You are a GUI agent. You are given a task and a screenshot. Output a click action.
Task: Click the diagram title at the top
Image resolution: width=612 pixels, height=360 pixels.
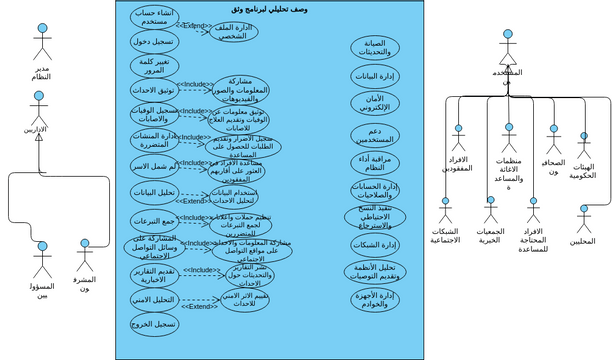tap(269, 9)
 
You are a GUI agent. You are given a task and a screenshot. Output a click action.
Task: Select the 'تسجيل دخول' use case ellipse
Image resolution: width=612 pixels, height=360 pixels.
tap(154, 42)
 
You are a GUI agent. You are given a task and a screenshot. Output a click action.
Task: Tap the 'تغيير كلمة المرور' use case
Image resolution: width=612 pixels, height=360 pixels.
tap(154, 66)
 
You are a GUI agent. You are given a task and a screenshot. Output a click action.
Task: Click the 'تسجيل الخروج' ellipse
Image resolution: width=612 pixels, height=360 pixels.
tap(154, 324)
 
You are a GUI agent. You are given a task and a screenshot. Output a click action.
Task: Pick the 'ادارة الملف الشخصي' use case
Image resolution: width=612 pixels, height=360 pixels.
tap(233, 32)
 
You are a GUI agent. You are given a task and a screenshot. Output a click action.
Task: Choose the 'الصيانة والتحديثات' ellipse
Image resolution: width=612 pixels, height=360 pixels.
tap(375, 47)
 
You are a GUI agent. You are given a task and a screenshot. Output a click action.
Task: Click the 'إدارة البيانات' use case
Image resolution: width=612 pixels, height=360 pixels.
tap(375, 76)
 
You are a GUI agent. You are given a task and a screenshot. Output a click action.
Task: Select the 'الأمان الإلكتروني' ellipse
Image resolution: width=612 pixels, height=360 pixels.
tap(375, 104)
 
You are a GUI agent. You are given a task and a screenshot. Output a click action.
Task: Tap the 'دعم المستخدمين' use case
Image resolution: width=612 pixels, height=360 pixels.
tap(375, 135)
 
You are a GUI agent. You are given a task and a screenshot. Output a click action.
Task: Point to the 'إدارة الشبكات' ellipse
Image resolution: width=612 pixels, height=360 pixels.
tap(375, 244)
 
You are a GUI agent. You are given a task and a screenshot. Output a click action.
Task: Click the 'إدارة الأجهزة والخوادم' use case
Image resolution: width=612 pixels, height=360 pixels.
tap(375, 299)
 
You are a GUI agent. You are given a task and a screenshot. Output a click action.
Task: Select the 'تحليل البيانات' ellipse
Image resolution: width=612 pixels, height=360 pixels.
tap(154, 192)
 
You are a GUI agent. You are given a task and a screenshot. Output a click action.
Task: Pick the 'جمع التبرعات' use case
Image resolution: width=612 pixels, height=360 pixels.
tap(154, 220)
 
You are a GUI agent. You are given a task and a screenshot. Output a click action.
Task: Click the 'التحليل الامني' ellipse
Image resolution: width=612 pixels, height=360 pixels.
tap(154, 299)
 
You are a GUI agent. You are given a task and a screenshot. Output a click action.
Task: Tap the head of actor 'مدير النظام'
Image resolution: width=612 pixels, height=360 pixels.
tap(41, 29)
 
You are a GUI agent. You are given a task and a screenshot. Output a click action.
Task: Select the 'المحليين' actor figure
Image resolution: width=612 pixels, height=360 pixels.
tap(584, 219)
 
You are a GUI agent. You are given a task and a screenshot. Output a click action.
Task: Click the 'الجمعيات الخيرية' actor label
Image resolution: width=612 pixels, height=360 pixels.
tap(489, 236)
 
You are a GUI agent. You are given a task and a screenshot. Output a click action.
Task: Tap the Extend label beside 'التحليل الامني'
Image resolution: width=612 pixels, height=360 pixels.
tap(200, 306)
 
